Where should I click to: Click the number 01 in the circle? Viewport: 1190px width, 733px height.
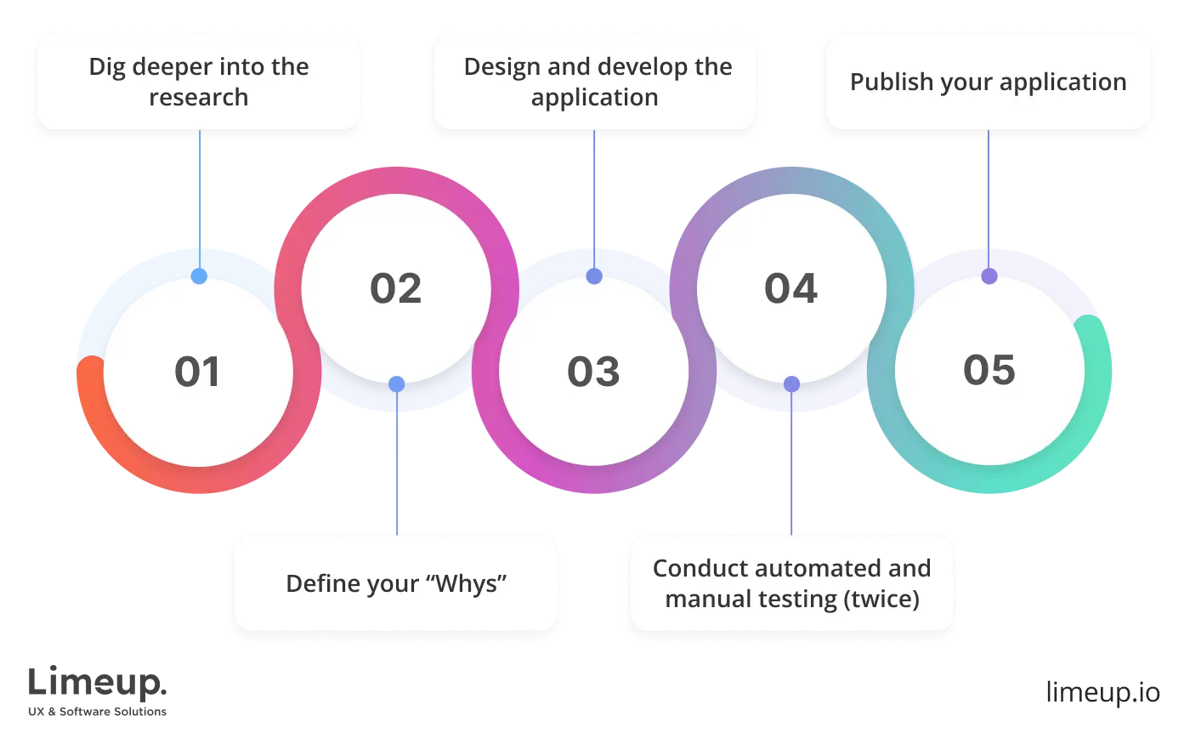[x=197, y=372]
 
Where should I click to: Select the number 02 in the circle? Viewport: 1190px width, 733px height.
[x=395, y=289]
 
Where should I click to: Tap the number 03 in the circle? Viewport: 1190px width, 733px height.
[x=593, y=372]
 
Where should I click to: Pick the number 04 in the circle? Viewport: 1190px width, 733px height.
[x=790, y=289]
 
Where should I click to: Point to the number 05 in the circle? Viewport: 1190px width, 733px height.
[x=989, y=371]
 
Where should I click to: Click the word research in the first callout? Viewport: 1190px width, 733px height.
[x=199, y=97]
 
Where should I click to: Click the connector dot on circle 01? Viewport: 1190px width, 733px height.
[x=199, y=277]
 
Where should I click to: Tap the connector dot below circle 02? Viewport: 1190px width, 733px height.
[x=396, y=384]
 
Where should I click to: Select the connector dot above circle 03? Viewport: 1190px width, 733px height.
[x=594, y=277]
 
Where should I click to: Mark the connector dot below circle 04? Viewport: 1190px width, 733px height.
[x=791, y=384]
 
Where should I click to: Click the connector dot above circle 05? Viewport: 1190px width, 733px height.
[x=989, y=277]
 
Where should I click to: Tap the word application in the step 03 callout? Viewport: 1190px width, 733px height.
[x=594, y=97]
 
